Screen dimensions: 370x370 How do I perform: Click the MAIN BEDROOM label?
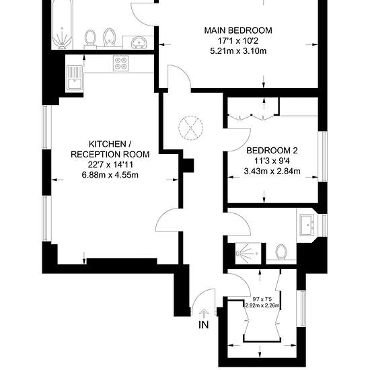[238, 30]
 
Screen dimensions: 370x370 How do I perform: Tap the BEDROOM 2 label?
[272, 150]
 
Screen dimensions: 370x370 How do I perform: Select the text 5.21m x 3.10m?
[238, 51]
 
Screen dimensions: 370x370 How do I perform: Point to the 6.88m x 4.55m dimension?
[110, 175]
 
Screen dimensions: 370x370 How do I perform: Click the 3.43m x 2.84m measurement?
[272, 171]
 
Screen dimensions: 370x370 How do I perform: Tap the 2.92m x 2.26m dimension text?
[262, 305]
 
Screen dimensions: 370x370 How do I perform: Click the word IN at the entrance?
[204, 325]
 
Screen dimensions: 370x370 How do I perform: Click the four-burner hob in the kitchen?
[121, 63]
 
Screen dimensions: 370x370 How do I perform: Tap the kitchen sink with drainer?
[75, 78]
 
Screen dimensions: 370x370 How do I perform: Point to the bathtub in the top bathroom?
[62, 24]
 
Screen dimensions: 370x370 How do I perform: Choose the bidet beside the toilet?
[109, 38]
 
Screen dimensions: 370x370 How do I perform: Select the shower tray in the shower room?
[248, 254]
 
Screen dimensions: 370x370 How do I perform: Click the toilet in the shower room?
[281, 252]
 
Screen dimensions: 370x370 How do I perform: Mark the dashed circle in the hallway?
[190, 128]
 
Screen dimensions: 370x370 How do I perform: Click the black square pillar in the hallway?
[188, 165]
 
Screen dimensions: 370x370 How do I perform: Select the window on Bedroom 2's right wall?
[322, 157]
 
